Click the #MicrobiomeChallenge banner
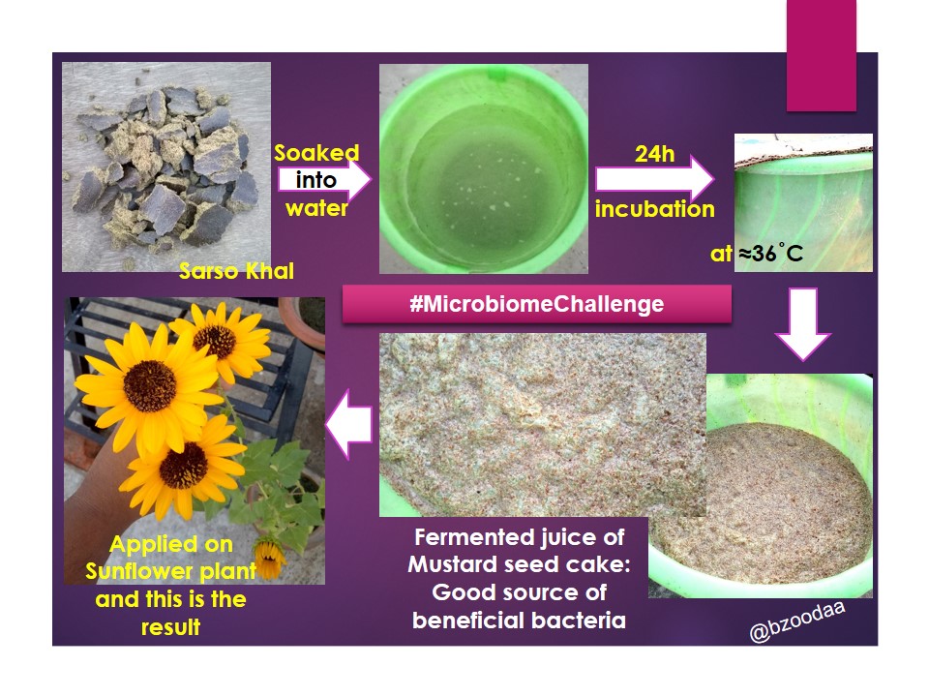click(536, 304)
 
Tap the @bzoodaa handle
click(796, 621)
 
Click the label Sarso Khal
click(236, 271)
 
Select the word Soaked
click(316, 153)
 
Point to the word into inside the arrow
click(315, 180)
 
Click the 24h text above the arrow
click(655, 154)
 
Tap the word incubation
click(655, 209)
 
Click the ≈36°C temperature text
click(771, 254)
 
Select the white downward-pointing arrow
click(803, 324)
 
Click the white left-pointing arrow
click(349, 424)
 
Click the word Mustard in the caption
click(452, 564)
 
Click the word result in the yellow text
click(170, 627)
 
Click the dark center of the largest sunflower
click(150, 386)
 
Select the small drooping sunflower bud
click(270, 558)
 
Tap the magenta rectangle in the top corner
click(822, 55)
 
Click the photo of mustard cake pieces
click(166, 167)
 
